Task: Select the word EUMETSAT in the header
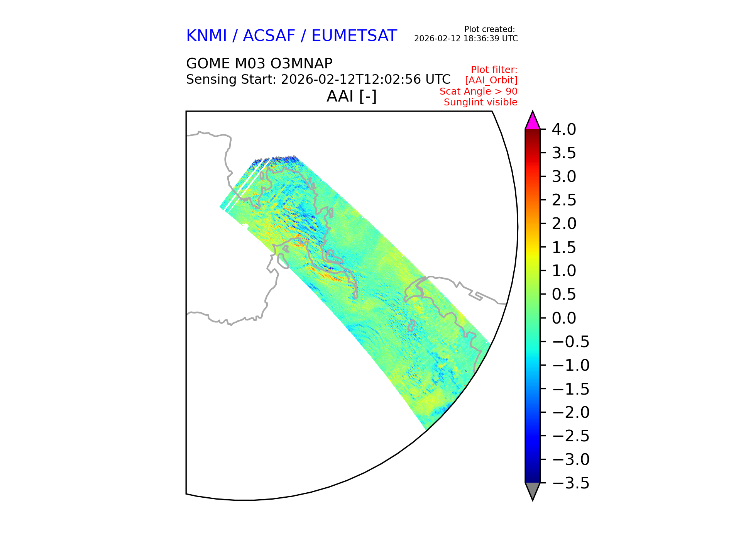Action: pos(354,36)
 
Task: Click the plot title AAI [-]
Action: pos(351,96)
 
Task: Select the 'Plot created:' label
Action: pos(489,29)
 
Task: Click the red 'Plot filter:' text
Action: pos(494,70)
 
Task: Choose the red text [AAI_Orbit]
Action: pos(491,80)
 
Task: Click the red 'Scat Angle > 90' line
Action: pos(479,92)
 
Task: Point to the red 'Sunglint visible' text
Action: pos(480,102)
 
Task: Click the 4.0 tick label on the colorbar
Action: pos(564,130)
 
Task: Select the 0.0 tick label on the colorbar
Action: pos(564,318)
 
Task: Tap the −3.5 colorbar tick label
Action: pos(571,483)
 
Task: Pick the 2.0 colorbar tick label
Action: pos(564,224)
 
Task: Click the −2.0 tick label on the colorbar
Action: pos(571,412)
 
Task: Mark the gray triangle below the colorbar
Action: pos(533,490)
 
